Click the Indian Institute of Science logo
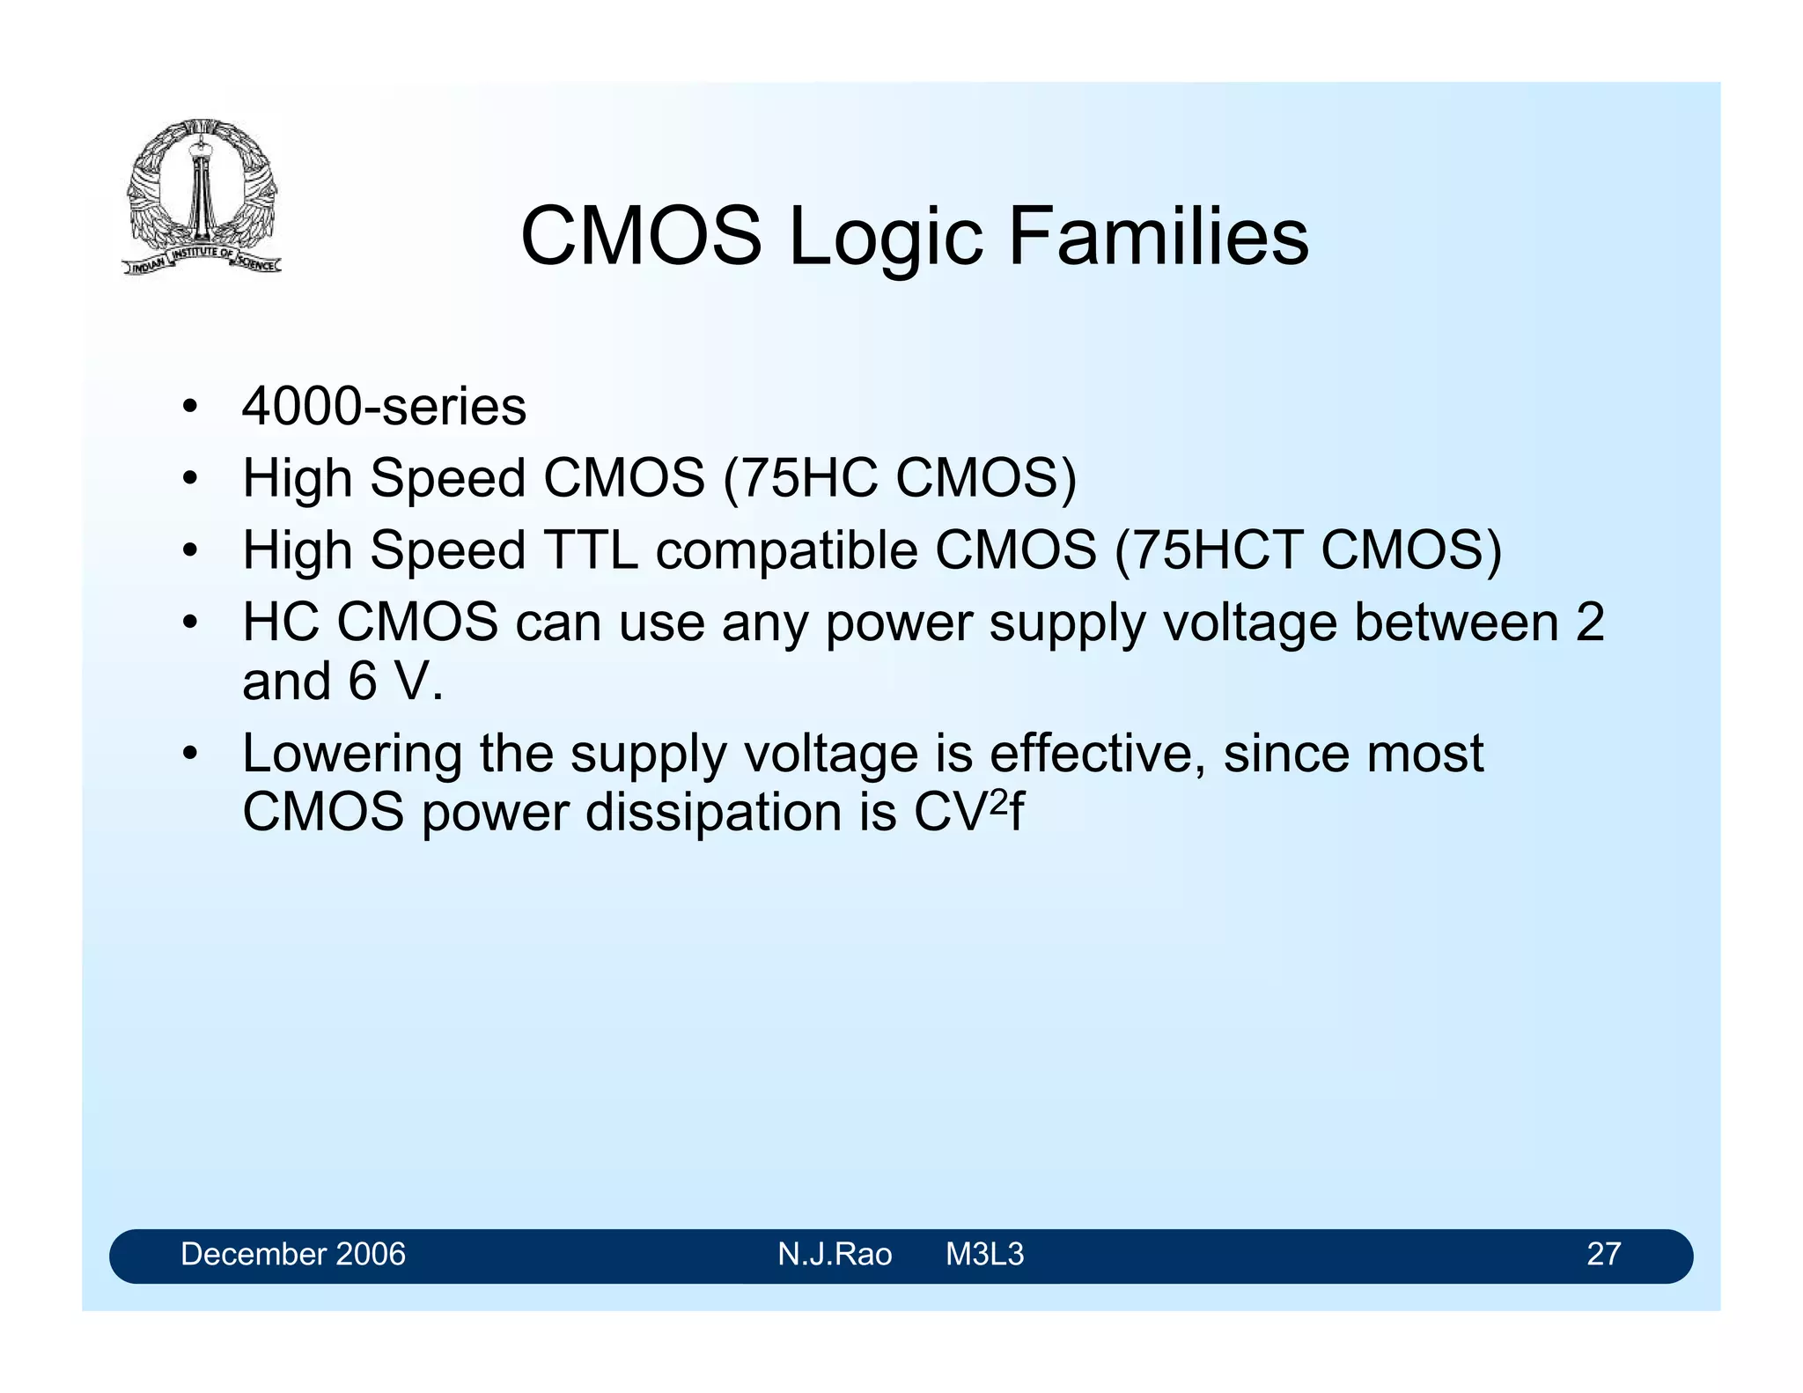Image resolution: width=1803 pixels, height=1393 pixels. point(202,196)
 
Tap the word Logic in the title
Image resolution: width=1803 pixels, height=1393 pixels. point(885,238)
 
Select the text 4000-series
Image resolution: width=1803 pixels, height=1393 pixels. point(384,407)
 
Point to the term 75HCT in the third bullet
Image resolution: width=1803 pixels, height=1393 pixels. point(1218,550)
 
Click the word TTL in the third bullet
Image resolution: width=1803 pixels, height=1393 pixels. point(591,550)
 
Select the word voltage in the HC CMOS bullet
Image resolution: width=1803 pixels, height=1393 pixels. point(1251,623)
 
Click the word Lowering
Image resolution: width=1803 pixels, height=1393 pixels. point(352,755)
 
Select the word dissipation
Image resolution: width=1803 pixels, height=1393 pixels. point(713,812)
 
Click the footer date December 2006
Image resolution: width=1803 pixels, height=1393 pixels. point(292,1254)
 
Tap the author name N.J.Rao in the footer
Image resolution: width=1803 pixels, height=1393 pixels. point(834,1254)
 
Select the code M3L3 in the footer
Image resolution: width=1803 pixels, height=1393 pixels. point(984,1254)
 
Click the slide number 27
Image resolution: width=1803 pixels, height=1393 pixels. point(1603,1254)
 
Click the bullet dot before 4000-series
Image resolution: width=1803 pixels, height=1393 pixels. point(188,408)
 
